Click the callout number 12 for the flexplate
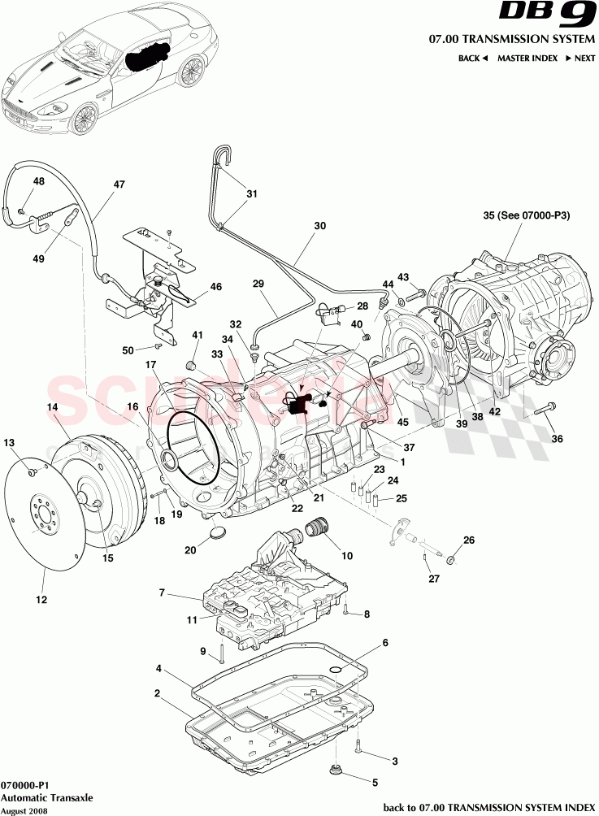[41, 600]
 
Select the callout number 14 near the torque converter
[52, 406]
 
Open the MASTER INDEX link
[527, 59]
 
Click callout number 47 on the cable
[119, 184]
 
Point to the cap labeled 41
[194, 363]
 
